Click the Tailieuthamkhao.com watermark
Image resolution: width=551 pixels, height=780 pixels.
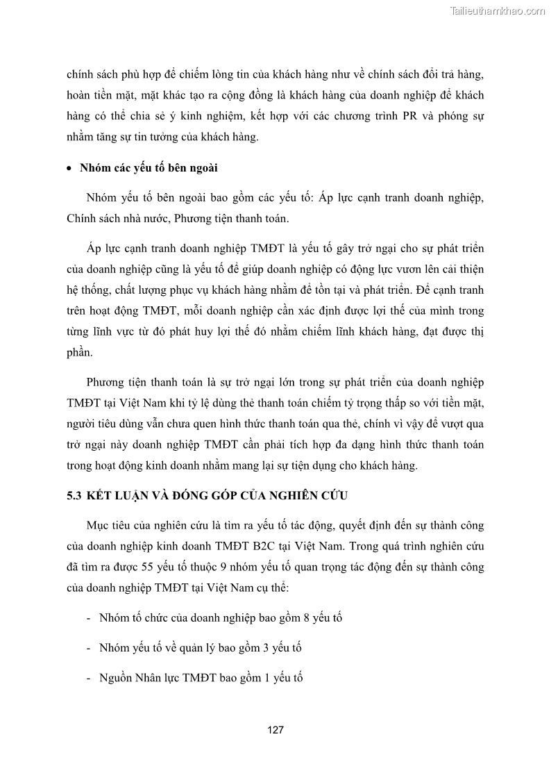498,10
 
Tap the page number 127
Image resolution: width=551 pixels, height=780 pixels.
275,730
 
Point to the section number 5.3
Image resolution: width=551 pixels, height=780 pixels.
74,495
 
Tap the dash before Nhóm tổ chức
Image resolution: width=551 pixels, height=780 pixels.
88,617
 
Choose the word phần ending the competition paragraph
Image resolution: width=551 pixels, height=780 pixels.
79,353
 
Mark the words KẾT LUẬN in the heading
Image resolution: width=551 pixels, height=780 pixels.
119,495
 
